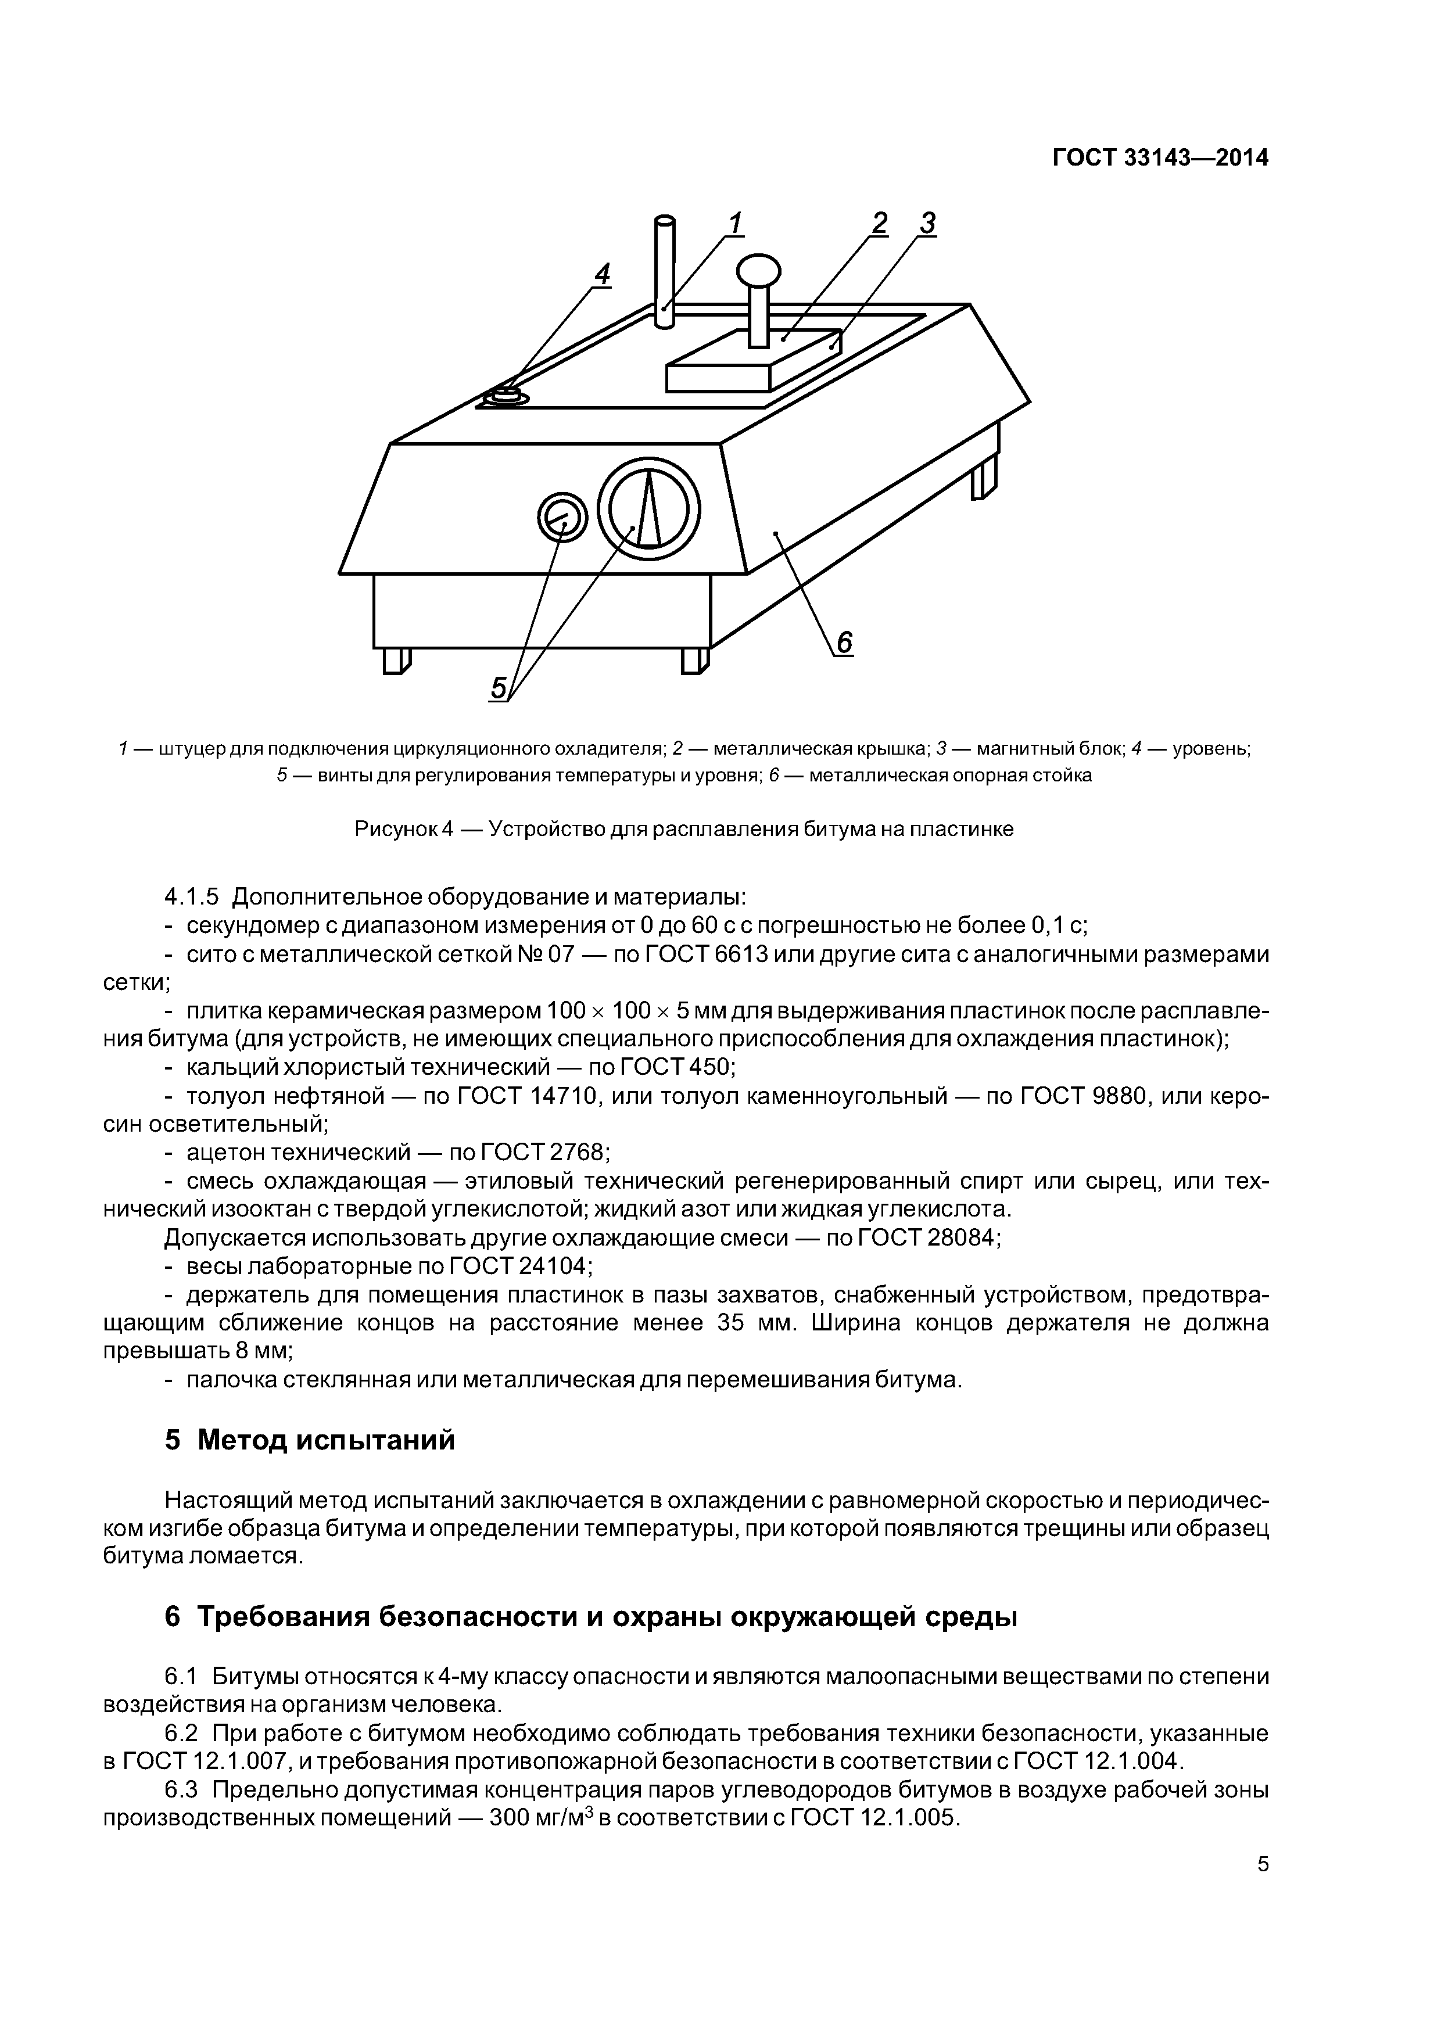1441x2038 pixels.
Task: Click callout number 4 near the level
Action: coord(602,275)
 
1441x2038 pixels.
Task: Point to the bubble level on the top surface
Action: coord(507,395)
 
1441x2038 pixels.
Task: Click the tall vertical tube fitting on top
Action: coord(664,271)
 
